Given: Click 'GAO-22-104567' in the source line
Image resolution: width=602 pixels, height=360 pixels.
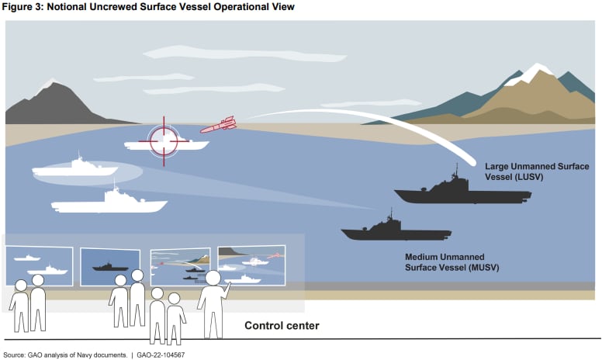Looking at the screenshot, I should tap(159, 355).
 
